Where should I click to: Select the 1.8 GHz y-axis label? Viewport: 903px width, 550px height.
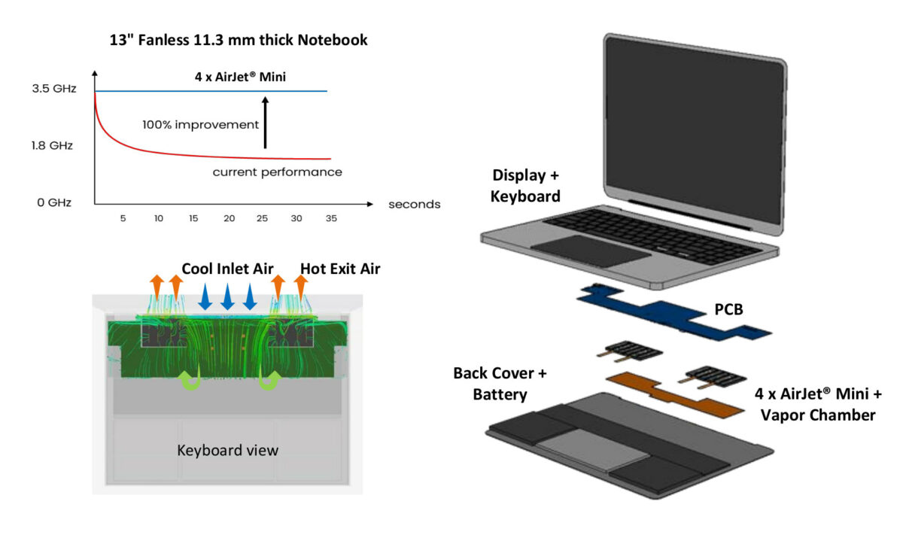tap(53, 145)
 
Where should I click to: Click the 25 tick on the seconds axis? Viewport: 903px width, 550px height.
tap(263, 218)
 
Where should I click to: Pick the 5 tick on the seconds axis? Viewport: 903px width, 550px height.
tap(123, 218)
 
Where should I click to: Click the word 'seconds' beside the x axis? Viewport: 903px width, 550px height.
tap(414, 204)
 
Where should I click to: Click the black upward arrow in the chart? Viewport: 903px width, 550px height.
tap(265, 120)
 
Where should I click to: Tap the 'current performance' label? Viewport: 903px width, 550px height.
tap(277, 172)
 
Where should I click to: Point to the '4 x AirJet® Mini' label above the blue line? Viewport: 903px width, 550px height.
tap(239, 75)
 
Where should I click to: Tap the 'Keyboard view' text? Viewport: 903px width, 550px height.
tap(227, 451)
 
